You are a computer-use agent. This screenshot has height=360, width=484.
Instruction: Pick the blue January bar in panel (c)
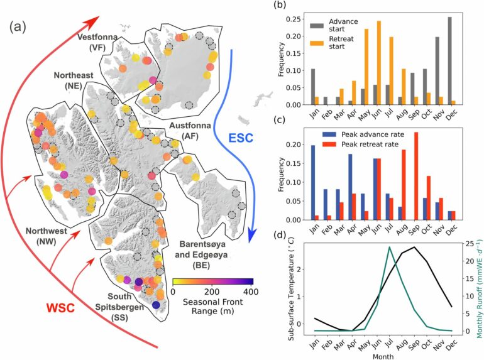pos(314,182)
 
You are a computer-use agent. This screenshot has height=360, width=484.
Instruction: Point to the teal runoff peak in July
pos(389,246)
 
